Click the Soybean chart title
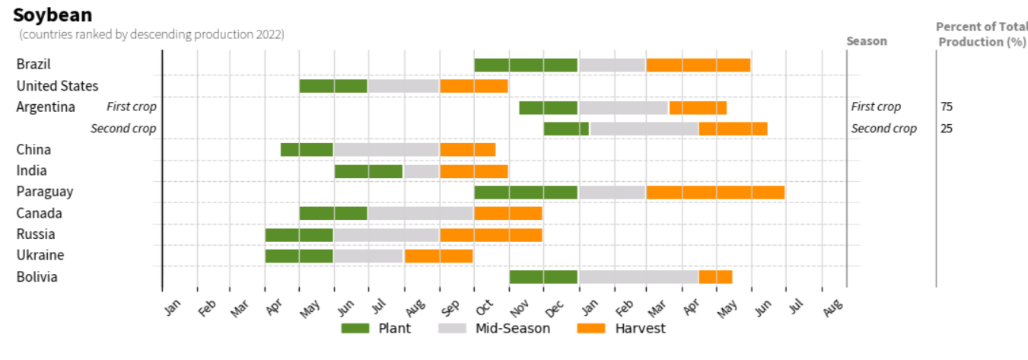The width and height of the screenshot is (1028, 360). click(x=53, y=14)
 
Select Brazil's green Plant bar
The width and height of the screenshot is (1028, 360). click(x=526, y=65)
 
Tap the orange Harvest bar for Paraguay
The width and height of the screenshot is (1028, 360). click(x=715, y=192)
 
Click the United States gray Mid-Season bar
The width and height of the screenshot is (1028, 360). click(x=403, y=86)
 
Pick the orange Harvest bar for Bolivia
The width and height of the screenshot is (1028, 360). click(x=715, y=276)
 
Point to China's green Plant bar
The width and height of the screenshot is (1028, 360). click(x=307, y=149)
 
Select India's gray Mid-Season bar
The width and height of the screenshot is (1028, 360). click(x=422, y=171)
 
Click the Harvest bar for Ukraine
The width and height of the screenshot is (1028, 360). click(x=438, y=256)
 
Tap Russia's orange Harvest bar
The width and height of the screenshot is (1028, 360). click(x=491, y=234)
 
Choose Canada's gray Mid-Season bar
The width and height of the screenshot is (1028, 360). click(x=420, y=213)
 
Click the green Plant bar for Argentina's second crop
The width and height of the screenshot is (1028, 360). click(x=566, y=129)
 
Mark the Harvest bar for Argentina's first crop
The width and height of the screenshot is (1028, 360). click(x=698, y=107)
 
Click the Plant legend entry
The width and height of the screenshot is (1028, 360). click(x=376, y=328)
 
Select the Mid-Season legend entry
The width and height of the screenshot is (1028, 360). click(x=495, y=328)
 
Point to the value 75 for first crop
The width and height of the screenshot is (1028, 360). click(x=946, y=107)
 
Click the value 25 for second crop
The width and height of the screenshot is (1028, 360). click(x=946, y=129)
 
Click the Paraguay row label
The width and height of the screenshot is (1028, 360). click(x=45, y=192)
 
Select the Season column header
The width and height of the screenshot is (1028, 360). click(x=867, y=41)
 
